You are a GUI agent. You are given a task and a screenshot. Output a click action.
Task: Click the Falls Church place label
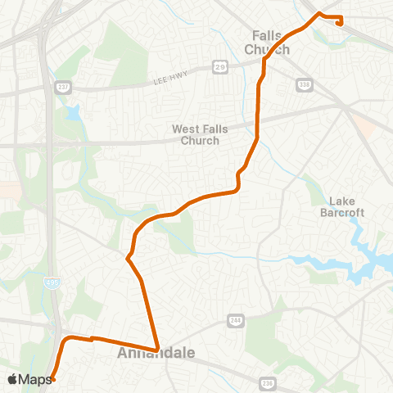267,43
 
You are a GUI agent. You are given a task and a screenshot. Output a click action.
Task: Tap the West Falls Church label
196,134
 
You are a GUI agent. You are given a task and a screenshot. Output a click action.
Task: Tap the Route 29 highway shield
219,65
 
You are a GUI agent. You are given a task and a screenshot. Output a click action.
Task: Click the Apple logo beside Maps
12,379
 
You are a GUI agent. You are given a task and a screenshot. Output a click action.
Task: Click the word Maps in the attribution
35,379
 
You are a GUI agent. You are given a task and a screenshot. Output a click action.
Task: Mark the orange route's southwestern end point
52,378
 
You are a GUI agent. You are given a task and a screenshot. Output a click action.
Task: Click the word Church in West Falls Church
202,140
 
